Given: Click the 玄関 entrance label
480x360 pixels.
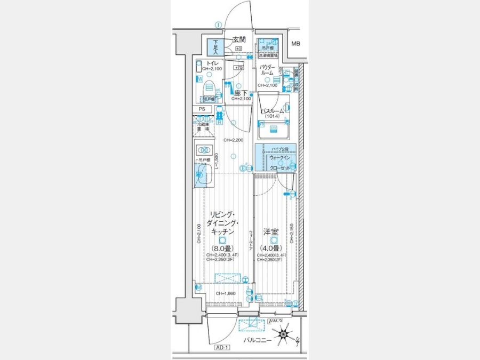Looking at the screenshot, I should tap(239, 39).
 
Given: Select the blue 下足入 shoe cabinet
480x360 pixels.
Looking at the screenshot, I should tap(216, 47).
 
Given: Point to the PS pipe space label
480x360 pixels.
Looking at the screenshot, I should tap(202, 109).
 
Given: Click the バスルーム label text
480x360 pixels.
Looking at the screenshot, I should tap(272, 111).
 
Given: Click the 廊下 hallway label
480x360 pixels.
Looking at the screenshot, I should tap(241, 93).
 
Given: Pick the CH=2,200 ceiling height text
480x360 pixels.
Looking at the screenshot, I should tap(233, 140).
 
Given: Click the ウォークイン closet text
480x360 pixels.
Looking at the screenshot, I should tap(280, 158).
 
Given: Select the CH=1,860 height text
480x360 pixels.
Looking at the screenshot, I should tap(227, 294).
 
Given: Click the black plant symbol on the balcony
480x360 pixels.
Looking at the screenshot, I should tap(283, 335).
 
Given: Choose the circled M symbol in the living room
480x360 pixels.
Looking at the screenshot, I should tap(198, 287).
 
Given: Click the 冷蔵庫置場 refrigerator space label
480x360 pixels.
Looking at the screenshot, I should tap(202, 126).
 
